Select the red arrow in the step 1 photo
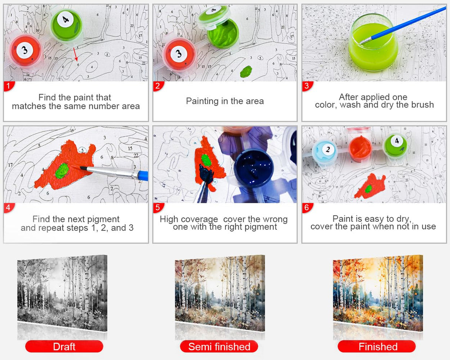pos(75,54)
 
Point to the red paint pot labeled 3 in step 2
pos(179,55)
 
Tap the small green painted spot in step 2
pos(246,71)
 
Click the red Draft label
pos(64,347)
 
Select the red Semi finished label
pos(219,347)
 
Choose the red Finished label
pos(377,347)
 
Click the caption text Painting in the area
pos(225,101)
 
